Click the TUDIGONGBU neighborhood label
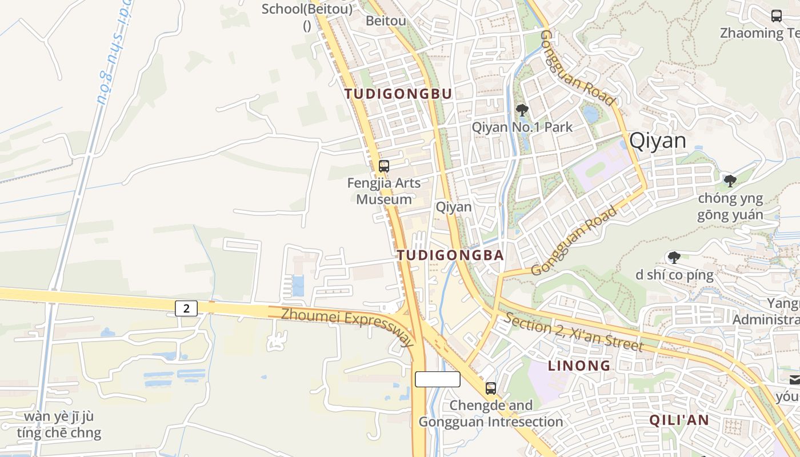click(x=398, y=94)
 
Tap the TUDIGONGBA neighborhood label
click(x=450, y=255)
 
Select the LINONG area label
click(x=579, y=366)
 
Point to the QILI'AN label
click(x=679, y=420)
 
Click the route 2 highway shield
click(x=186, y=308)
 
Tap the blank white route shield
click(x=437, y=379)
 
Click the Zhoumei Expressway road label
click(x=347, y=326)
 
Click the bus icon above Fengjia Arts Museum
click(x=384, y=166)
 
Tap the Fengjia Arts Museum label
click(x=384, y=191)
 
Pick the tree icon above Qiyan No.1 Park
click(x=522, y=110)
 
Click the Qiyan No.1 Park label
click(x=522, y=127)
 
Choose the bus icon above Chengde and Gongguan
click(x=491, y=388)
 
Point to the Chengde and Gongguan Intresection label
click(x=491, y=414)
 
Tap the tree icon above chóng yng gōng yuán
click(x=730, y=181)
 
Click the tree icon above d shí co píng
click(x=674, y=258)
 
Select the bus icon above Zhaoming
click(x=777, y=16)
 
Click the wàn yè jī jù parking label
click(x=59, y=424)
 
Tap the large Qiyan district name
click(x=657, y=141)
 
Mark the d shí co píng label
click(x=674, y=275)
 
